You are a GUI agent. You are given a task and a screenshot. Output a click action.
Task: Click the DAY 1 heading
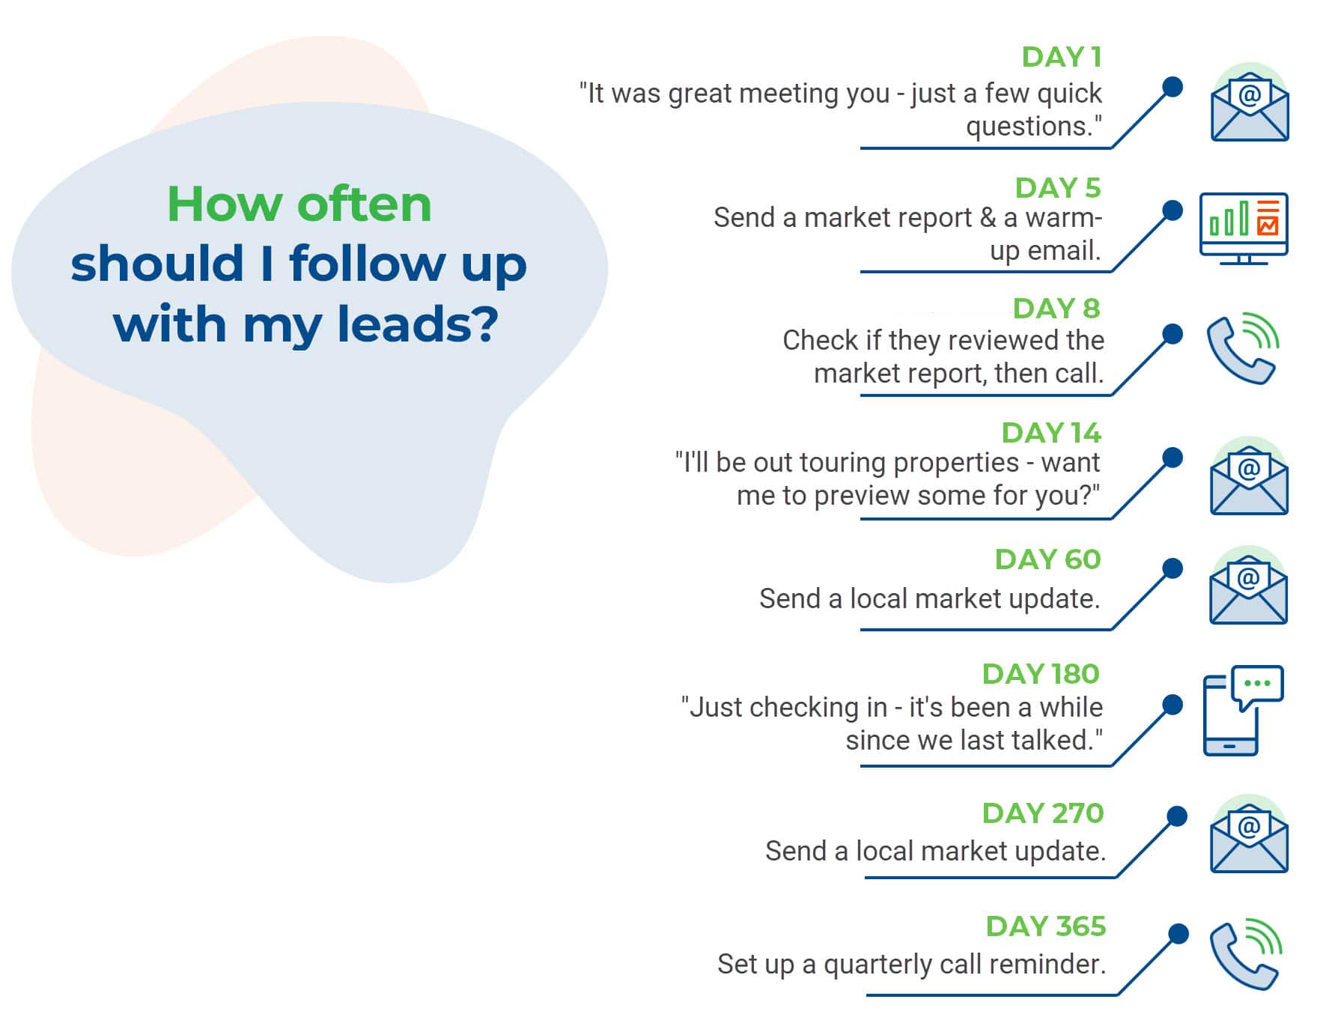1061,57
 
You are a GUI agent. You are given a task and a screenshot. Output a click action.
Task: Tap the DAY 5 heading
1057,188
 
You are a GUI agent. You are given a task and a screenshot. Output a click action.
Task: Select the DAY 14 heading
1050,433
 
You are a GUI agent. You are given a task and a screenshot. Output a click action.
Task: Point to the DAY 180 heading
1041,674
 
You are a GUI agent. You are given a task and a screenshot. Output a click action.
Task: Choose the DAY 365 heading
1045,926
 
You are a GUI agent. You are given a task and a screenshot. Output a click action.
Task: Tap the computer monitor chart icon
1243,227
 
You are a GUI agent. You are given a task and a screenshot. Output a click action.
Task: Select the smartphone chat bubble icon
1242,709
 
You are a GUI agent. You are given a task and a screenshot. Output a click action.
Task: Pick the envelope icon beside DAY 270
1249,837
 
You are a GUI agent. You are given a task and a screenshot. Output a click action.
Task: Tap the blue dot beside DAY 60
1173,568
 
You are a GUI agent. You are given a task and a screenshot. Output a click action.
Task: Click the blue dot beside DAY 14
1173,458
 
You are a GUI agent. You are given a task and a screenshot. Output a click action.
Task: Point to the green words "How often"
299,204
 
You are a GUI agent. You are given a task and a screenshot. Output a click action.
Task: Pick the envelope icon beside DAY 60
1248,589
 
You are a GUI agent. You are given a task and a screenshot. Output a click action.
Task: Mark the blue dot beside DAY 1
1173,87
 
